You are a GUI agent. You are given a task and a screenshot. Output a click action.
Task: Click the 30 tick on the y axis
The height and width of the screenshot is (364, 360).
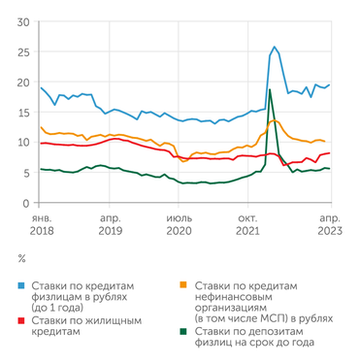pos(22,22)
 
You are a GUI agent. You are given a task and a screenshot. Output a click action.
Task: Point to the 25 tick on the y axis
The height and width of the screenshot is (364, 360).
pos(22,52)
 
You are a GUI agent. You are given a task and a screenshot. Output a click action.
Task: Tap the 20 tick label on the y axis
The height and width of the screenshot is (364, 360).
pos(22,83)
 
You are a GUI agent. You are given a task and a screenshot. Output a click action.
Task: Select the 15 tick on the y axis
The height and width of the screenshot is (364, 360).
pos(22,113)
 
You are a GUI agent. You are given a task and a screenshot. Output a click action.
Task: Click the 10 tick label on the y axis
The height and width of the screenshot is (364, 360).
pos(22,143)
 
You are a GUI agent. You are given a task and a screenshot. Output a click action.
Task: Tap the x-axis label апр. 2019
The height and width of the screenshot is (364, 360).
pos(110,225)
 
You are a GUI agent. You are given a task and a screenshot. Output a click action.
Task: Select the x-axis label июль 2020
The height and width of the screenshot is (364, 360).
pos(180,225)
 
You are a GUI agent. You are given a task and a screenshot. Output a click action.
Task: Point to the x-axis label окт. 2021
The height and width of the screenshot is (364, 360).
pos(248,225)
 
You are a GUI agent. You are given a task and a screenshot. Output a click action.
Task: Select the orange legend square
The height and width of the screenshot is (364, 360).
pos(185,286)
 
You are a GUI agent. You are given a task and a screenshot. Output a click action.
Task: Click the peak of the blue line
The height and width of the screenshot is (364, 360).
pos(275,47)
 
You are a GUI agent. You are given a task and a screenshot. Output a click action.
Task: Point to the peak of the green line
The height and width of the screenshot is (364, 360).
pos(269,89)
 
